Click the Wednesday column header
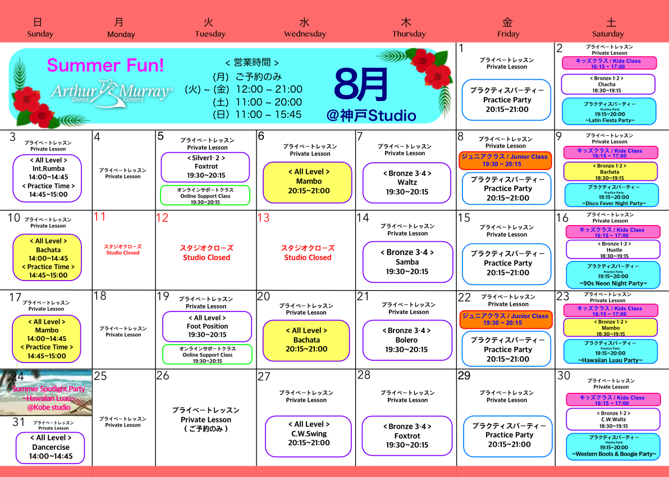tap(305, 27)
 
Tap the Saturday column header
tap(608, 27)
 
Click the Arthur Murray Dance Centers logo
tap(111, 93)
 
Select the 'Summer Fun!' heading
tap(106, 65)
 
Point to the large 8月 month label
tap(361, 85)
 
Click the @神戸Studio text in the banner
tap(372, 116)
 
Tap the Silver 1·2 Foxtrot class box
tap(205, 167)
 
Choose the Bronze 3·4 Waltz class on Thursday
tap(407, 182)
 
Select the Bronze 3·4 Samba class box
tap(407, 262)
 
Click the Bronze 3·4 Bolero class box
tap(407, 340)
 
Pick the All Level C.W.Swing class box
tap(308, 436)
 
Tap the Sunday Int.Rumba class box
tap(48, 178)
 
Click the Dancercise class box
tap(51, 447)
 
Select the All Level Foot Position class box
tap(207, 326)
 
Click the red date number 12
tap(162, 218)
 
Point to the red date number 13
tap(263, 218)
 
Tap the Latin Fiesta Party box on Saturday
tap(609, 112)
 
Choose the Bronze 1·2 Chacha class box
tap(608, 84)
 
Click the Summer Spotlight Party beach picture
tap(46, 393)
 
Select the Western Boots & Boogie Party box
tap(613, 446)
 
